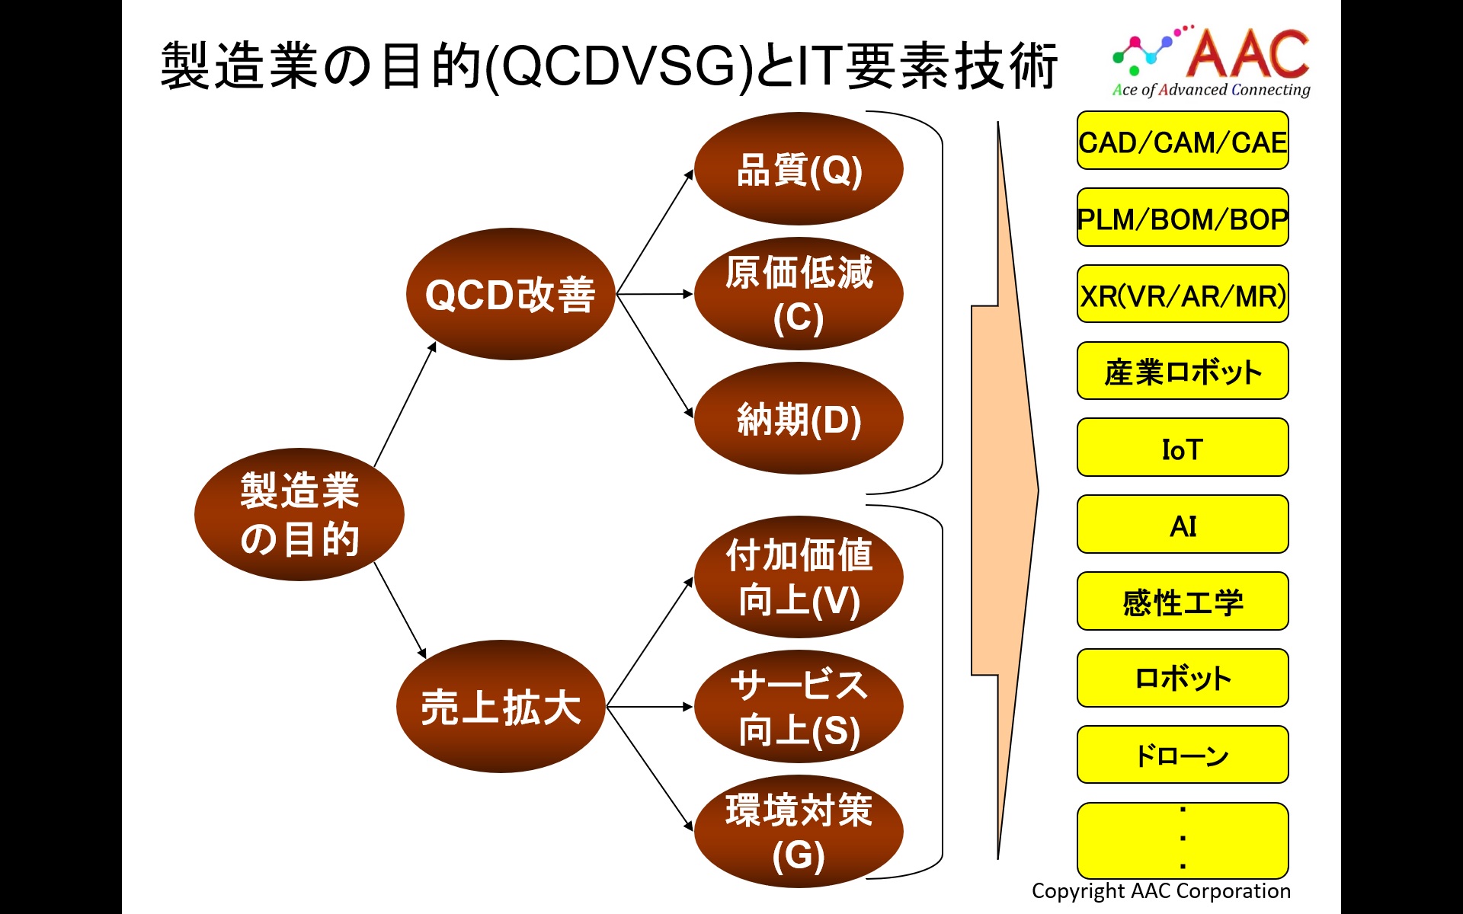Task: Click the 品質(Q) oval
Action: click(x=799, y=168)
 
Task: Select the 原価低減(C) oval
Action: click(x=799, y=293)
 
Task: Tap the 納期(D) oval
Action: click(x=799, y=418)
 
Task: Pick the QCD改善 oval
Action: click(x=511, y=294)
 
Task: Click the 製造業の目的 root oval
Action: click(x=299, y=514)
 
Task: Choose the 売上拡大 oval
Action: click(x=501, y=706)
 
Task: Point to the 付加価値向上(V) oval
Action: click(x=799, y=577)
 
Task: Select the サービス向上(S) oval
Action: click(x=799, y=706)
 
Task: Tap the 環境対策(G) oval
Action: click(x=799, y=831)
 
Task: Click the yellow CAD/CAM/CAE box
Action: click(x=1183, y=141)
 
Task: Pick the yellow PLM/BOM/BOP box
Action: click(x=1183, y=218)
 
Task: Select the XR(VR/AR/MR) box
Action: click(x=1183, y=295)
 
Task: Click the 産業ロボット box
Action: click(x=1183, y=371)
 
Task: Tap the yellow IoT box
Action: click(x=1183, y=448)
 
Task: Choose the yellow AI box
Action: click(x=1183, y=525)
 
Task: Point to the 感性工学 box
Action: click(x=1183, y=602)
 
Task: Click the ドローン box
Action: click(x=1183, y=755)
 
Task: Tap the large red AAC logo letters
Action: click(x=1248, y=53)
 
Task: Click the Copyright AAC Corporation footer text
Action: click(x=1160, y=891)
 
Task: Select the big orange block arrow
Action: click(x=1004, y=491)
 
